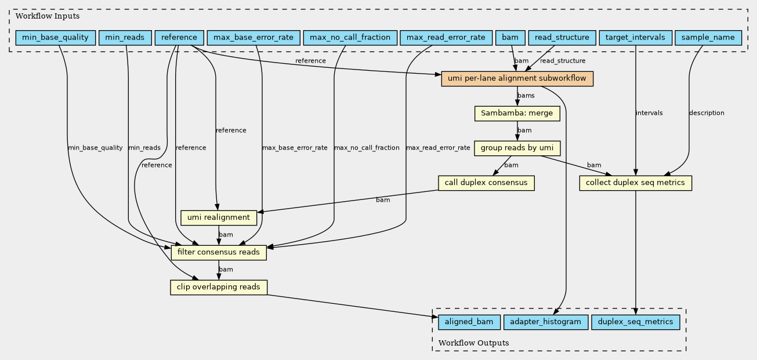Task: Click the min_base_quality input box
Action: click(x=56, y=38)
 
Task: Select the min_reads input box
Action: click(x=125, y=38)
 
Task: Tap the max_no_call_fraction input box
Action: click(x=350, y=38)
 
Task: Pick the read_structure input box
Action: click(x=562, y=38)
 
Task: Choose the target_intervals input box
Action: click(x=635, y=38)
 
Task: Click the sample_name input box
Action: click(x=708, y=38)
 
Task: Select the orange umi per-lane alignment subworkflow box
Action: click(x=517, y=79)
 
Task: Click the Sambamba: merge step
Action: click(x=517, y=114)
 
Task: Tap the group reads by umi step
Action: click(x=517, y=148)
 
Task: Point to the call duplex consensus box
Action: click(x=486, y=183)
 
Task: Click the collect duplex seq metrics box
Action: click(x=635, y=183)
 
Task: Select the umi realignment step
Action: click(x=219, y=218)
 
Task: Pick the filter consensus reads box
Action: click(x=219, y=253)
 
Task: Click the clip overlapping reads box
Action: click(x=219, y=288)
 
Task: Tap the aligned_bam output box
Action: click(x=469, y=322)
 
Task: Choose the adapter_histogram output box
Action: click(x=546, y=322)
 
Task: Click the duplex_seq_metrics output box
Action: click(x=635, y=322)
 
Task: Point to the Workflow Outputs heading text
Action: click(x=473, y=343)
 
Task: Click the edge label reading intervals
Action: click(x=649, y=113)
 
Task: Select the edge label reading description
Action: click(x=707, y=113)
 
